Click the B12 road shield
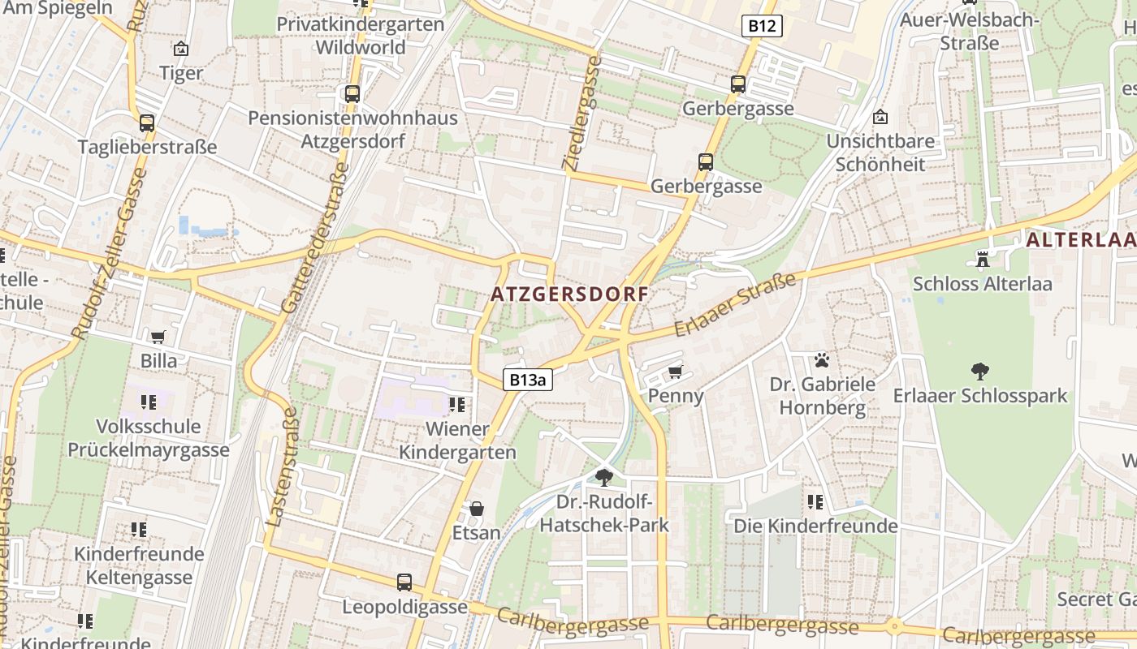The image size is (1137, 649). click(761, 26)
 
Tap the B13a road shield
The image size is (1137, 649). click(527, 379)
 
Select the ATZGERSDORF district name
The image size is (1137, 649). click(569, 294)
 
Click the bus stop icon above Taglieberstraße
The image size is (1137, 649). click(146, 123)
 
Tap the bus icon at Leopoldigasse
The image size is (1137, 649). click(404, 582)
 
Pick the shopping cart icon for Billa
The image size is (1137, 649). click(158, 337)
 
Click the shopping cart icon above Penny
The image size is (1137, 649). click(675, 372)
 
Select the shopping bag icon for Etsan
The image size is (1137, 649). click(476, 509)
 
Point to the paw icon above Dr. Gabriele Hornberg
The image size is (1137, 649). click(822, 359)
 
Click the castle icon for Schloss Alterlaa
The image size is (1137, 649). click(982, 260)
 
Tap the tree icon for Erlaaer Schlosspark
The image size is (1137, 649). click(979, 372)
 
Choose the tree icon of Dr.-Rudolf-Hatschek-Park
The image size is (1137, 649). click(603, 477)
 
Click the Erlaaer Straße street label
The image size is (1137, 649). click(735, 306)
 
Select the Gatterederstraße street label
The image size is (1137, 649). click(316, 238)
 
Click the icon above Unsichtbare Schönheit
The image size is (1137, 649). click(880, 118)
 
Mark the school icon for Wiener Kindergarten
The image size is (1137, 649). click(457, 404)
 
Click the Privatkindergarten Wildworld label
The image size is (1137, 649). click(361, 36)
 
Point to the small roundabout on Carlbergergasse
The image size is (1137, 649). click(894, 625)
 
